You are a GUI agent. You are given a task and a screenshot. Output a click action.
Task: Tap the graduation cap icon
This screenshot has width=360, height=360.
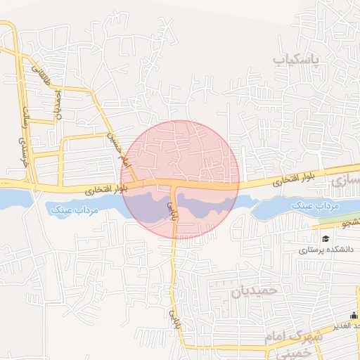point(326,238)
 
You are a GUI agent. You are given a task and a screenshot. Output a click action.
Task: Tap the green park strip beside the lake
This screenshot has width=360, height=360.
point(337,219)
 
